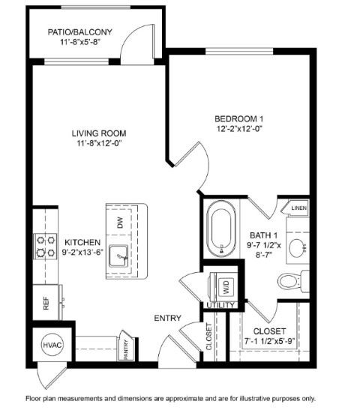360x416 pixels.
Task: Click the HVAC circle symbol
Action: tap(52, 345)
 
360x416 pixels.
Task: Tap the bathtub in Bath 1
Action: tap(221, 229)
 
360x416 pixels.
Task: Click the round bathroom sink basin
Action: tap(297, 248)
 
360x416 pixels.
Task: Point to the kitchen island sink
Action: tap(118, 256)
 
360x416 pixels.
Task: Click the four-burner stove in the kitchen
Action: tap(45, 246)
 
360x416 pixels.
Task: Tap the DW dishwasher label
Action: tap(121, 223)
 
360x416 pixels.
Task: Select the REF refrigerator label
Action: tap(46, 304)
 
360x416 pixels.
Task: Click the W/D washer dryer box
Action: tap(226, 287)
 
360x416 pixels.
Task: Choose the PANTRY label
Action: tap(126, 349)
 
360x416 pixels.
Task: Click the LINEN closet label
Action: tap(299, 208)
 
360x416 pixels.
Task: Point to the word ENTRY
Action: tap(168, 318)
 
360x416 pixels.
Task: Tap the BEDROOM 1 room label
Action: tap(239, 118)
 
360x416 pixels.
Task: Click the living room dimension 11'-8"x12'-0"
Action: tap(99, 143)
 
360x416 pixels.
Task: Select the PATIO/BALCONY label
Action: tap(80, 32)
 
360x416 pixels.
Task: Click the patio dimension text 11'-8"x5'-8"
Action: tap(80, 42)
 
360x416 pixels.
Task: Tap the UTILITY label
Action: tap(220, 305)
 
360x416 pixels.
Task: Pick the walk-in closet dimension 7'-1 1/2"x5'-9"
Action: tap(270, 341)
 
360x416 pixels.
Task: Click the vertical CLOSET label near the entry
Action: tap(209, 337)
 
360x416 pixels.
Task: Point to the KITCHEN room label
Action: tap(82, 242)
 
